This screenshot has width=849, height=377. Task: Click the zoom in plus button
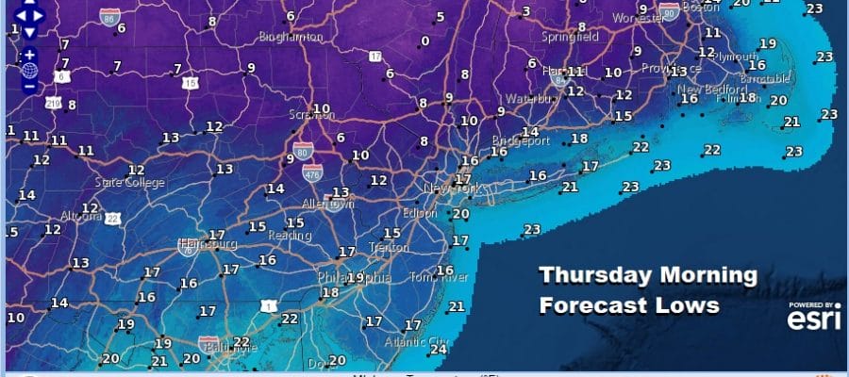[29, 54]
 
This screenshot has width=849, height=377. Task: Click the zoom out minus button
[29, 87]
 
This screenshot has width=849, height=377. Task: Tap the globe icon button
[29, 70]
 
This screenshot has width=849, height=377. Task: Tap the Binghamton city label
[292, 38]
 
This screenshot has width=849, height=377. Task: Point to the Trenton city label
[389, 248]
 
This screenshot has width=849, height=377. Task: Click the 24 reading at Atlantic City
[437, 349]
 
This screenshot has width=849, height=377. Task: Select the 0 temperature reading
[425, 41]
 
